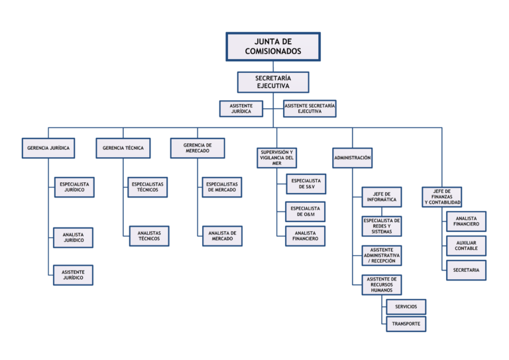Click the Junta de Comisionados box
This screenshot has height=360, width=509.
tap(273, 46)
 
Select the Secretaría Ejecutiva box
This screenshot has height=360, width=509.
tap(273, 82)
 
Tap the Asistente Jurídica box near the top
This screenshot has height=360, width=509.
tap(241, 108)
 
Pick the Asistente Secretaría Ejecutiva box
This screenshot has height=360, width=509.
tap(310, 108)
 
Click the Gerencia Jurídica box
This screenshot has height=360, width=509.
tap(48, 148)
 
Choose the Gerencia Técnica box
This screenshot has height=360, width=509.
tap(123, 148)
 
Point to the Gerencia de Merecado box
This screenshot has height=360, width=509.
tap(197, 148)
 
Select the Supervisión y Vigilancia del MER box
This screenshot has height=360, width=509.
tap(276, 157)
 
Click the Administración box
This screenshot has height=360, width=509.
tap(353, 158)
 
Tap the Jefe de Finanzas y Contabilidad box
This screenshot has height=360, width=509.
tap(442, 197)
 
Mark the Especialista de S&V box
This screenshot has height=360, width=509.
tap(306, 184)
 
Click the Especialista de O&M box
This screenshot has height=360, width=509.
tap(306, 212)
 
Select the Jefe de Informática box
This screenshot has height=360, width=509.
tap(382, 196)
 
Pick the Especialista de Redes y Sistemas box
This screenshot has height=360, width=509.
tap(382, 226)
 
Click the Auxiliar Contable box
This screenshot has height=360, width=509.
tap(466, 246)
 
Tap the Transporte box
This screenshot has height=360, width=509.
tap(406, 324)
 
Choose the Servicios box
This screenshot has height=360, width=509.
tap(406, 307)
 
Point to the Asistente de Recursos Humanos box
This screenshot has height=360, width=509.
tap(382, 284)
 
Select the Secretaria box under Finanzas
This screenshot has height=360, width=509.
tap(466, 270)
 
